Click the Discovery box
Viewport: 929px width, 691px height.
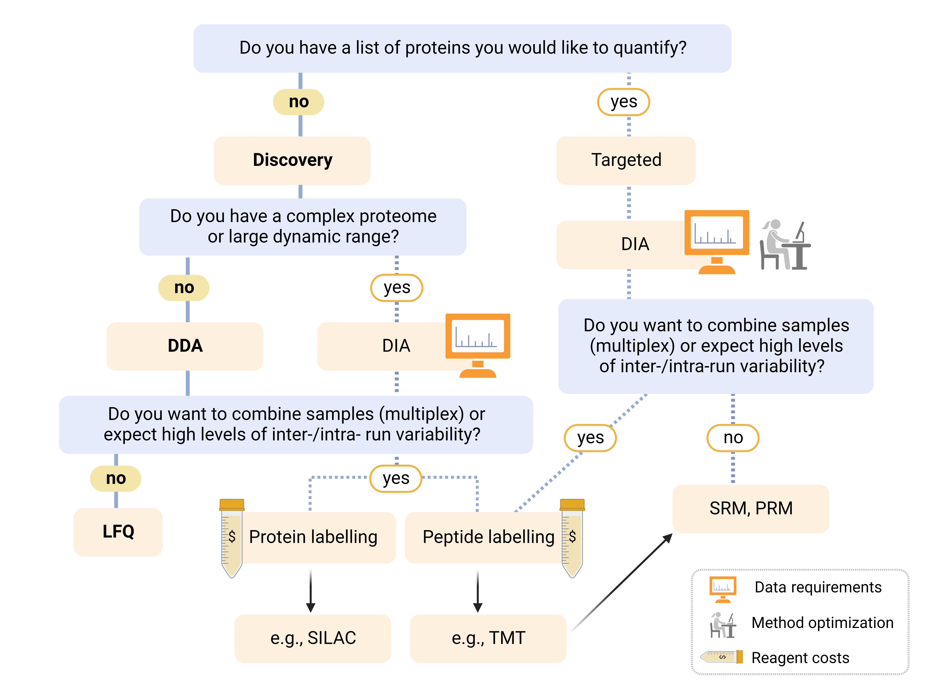pos(292,160)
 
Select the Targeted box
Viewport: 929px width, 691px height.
pos(626,160)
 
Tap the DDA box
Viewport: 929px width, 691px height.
pos(185,346)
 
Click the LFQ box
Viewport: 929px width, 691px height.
pos(118,532)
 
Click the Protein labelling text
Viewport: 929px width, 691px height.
pos(313,537)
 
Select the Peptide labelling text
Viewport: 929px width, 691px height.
pos(488,537)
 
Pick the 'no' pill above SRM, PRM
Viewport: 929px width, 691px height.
pos(733,438)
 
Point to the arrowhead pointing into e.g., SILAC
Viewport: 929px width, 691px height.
pos(311,607)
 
